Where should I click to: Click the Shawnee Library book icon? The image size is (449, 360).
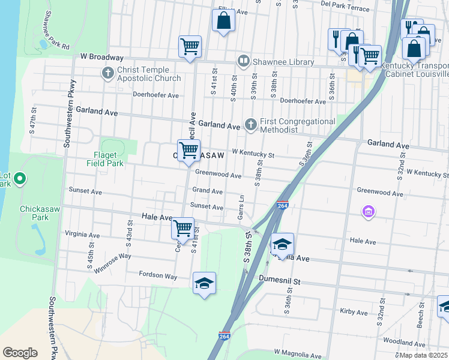click(x=244, y=61)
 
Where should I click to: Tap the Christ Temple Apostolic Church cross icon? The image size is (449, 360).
click(x=108, y=74)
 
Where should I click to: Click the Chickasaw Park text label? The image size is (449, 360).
click(x=41, y=212)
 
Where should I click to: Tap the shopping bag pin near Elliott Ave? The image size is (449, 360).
click(x=223, y=22)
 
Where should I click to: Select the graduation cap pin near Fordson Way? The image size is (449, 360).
click(x=204, y=283)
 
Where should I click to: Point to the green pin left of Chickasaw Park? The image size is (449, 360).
click(x=19, y=178)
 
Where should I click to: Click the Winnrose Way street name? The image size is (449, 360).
click(x=112, y=262)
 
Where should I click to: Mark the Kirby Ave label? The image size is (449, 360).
click(x=349, y=312)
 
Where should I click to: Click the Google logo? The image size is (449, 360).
click(x=20, y=352)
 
